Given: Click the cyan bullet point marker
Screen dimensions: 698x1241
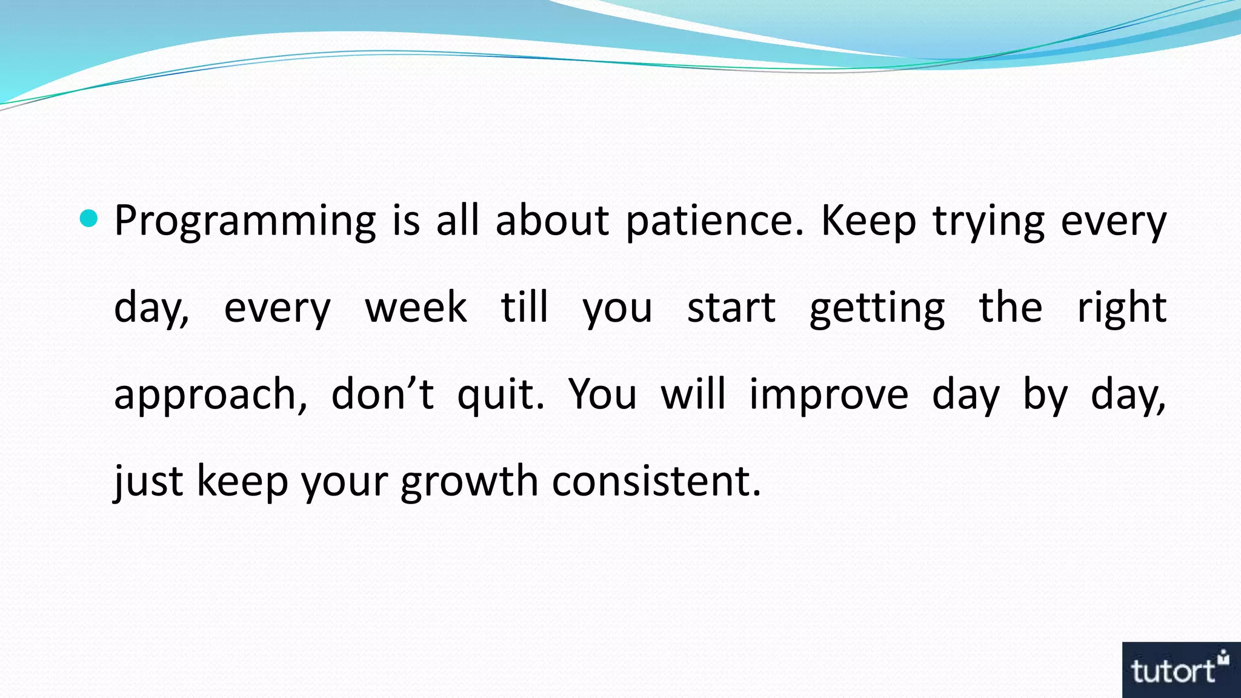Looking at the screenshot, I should click(x=88, y=219).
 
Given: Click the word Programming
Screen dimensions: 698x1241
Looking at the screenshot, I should click(x=245, y=221).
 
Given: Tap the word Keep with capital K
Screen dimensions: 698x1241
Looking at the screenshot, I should click(x=868, y=221).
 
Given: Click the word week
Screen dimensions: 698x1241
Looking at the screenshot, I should click(x=416, y=307).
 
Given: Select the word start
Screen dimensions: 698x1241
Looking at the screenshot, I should click(x=731, y=307).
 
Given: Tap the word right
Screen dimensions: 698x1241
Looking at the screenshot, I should click(x=1121, y=308).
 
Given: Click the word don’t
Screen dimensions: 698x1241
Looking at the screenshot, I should click(x=382, y=394).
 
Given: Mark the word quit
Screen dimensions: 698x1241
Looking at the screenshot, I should click(x=501, y=395).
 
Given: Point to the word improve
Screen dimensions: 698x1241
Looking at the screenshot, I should click(x=828, y=395).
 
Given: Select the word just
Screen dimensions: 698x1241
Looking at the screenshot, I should click(x=148, y=481).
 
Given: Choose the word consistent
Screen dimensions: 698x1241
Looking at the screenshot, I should click(x=656, y=481).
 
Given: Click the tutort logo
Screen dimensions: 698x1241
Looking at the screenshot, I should click(x=1180, y=670).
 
